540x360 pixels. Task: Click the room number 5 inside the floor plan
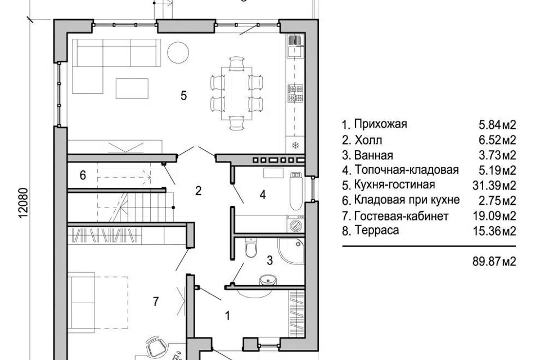(183, 95)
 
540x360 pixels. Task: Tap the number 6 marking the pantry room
(83, 175)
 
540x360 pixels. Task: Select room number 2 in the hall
(198, 191)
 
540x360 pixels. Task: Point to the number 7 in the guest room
(155, 301)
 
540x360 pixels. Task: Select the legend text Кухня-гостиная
(395, 185)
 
